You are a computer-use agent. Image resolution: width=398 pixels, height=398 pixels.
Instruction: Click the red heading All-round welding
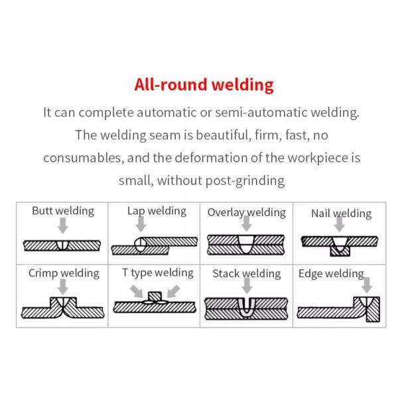[x=204, y=85]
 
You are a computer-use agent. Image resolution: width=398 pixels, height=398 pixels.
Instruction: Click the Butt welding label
[x=63, y=211]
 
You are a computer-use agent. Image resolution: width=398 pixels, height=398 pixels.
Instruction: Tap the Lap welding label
[x=157, y=211]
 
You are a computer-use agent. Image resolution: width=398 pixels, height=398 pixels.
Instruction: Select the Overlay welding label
[x=246, y=212]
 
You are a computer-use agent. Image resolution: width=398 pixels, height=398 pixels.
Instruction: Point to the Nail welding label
[x=341, y=213]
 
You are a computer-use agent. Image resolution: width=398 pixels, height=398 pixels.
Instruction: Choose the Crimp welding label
[x=64, y=273]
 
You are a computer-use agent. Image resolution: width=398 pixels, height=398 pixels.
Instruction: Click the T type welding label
[x=157, y=272]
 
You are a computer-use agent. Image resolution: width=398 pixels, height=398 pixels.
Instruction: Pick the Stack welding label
[x=247, y=273]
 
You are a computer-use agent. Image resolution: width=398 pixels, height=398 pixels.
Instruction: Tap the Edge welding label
[x=331, y=273]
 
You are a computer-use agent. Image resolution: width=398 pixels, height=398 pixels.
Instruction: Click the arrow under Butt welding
[x=63, y=227]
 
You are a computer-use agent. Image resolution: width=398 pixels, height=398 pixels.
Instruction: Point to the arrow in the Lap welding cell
[x=141, y=225]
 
